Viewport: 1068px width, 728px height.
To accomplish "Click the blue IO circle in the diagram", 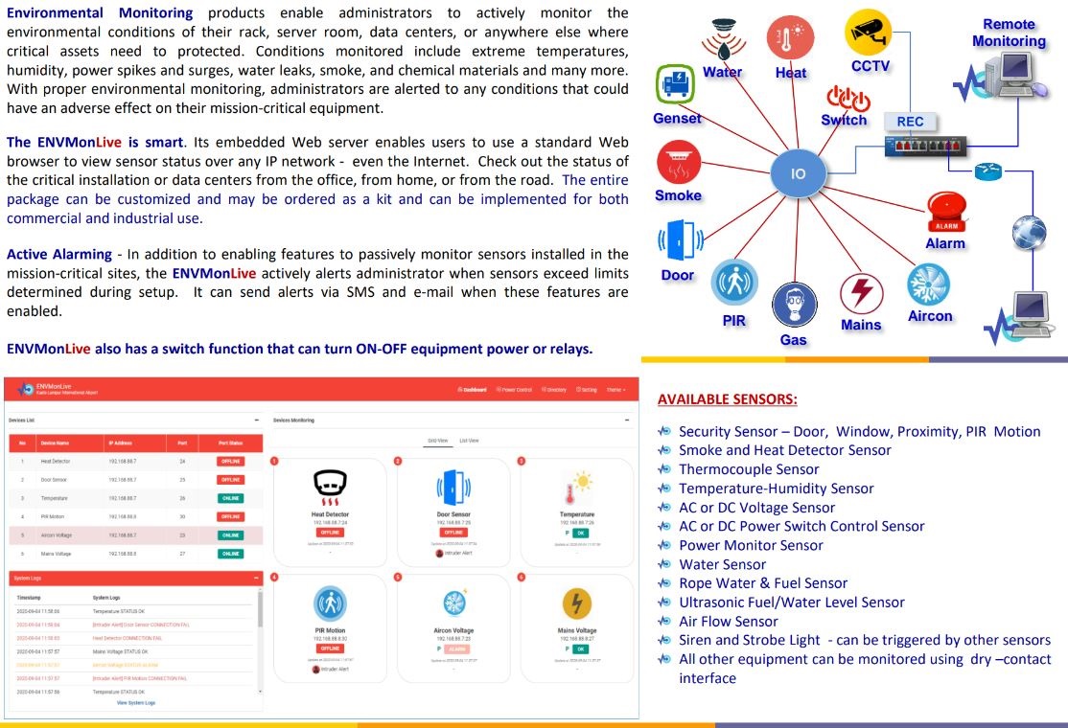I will point(798,174).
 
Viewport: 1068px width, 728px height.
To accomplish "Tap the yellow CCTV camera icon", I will point(868,33).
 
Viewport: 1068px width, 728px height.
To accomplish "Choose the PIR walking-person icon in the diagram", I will point(734,284).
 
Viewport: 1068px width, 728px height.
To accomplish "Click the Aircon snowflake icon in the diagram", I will point(928,284).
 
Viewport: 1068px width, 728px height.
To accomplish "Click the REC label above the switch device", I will point(910,122).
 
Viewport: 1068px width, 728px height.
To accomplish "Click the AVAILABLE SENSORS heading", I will point(728,398).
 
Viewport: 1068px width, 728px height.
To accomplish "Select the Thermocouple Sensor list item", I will point(749,469).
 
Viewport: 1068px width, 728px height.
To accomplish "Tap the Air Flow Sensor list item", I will point(728,621).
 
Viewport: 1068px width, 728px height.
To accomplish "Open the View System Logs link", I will point(135,703).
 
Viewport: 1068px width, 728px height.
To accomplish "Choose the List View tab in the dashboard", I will point(470,441).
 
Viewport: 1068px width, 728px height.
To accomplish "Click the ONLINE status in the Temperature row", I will point(230,498).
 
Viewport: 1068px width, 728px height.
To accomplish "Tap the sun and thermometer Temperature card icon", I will point(577,489).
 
